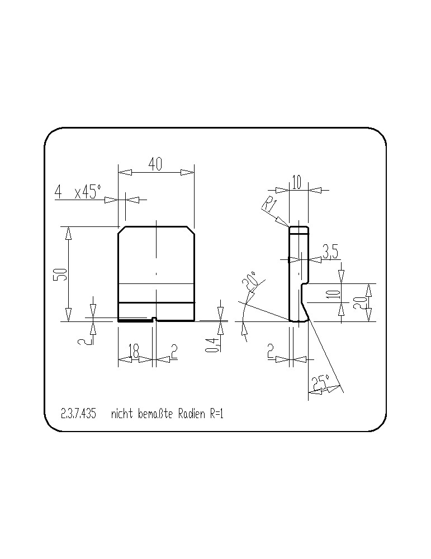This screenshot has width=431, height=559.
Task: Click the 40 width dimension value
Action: (x=155, y=164)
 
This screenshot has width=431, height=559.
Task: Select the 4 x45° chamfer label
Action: (x=78, y=192)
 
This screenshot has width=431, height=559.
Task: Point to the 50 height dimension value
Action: (x=60, y=274)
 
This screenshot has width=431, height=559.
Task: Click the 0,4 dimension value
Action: (x=212, y=345)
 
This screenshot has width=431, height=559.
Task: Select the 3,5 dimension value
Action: (x=330, y=252)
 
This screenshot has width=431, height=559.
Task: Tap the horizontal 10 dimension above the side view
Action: (x=297, y=182)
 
